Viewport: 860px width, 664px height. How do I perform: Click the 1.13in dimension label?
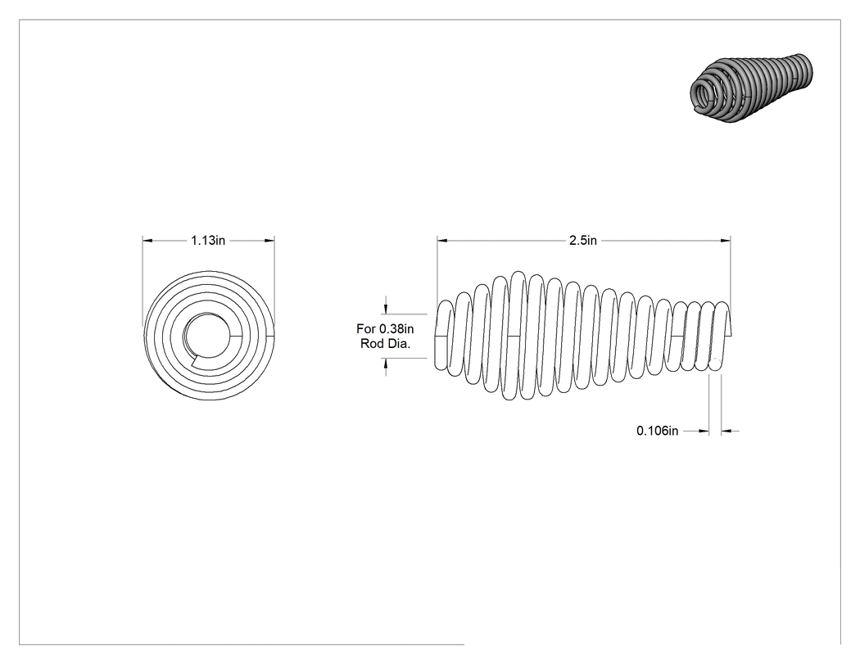[208, 240]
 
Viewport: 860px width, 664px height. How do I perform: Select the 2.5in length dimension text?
[583, 240]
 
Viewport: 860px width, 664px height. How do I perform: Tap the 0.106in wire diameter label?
[657, 431]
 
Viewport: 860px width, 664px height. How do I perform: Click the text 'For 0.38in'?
[385, 328]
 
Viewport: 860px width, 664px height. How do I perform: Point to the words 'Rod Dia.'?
[385, 344]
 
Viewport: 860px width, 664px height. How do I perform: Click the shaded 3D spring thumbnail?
[751, 87]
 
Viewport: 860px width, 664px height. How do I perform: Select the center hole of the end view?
[207, 335]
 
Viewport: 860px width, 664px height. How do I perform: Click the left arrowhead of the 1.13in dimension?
[147, 240]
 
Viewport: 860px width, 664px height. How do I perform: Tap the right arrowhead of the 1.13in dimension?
[269, 240]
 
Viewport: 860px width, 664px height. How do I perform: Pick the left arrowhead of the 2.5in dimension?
[442, 240]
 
